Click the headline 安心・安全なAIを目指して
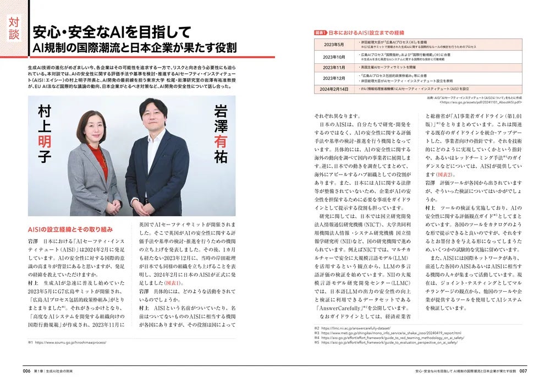(112, 31)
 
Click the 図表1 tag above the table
(320, 32)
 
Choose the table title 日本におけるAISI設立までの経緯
(364, 32)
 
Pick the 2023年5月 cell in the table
(334, 45)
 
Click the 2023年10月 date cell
(334, 57)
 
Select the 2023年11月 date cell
(334, 67)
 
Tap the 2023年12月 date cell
(334, 78)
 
